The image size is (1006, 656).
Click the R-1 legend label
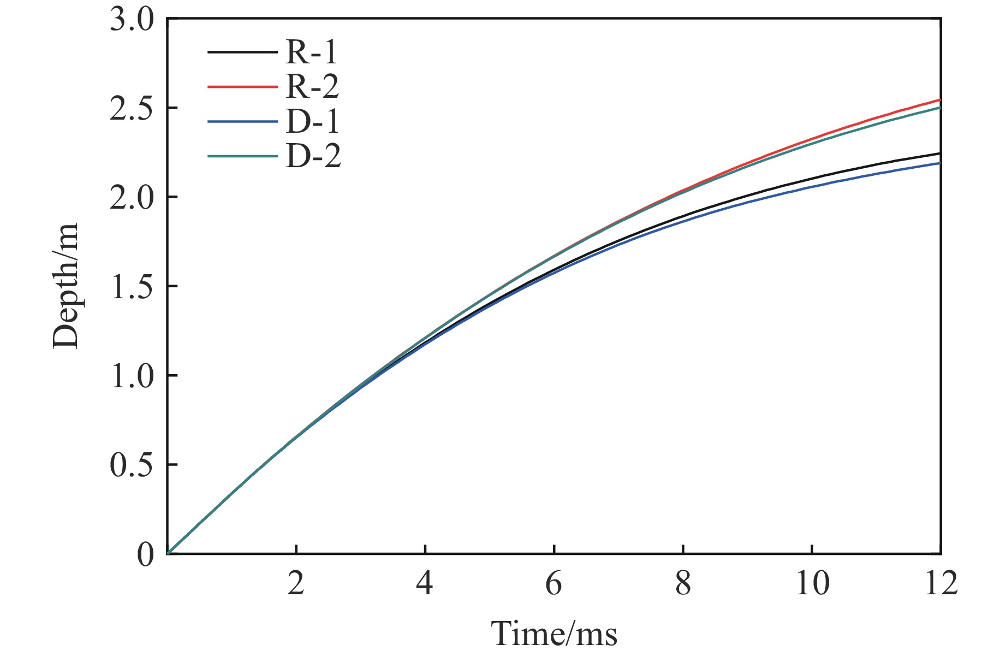click(312, 52)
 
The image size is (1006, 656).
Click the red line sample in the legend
click(242, 86)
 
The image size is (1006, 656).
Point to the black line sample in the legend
click(242, 52)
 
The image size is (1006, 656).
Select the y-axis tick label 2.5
click(132, 108)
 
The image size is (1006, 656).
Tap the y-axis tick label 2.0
click(132, 197)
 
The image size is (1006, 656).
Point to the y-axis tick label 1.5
click(132, 286)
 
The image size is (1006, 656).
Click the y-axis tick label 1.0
click(132, 376)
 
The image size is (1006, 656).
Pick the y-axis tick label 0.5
click(132, 465)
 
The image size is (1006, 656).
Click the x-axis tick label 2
click(296, 583)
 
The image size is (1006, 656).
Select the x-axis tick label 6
click(553, 583)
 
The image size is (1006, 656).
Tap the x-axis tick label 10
click(812, 583)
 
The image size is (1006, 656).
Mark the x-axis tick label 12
click(940, 583)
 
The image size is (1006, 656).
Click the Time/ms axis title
click(553, 634)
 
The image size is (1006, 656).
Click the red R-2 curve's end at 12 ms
click(939, 100)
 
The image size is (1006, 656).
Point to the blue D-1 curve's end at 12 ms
click(939, 163)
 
